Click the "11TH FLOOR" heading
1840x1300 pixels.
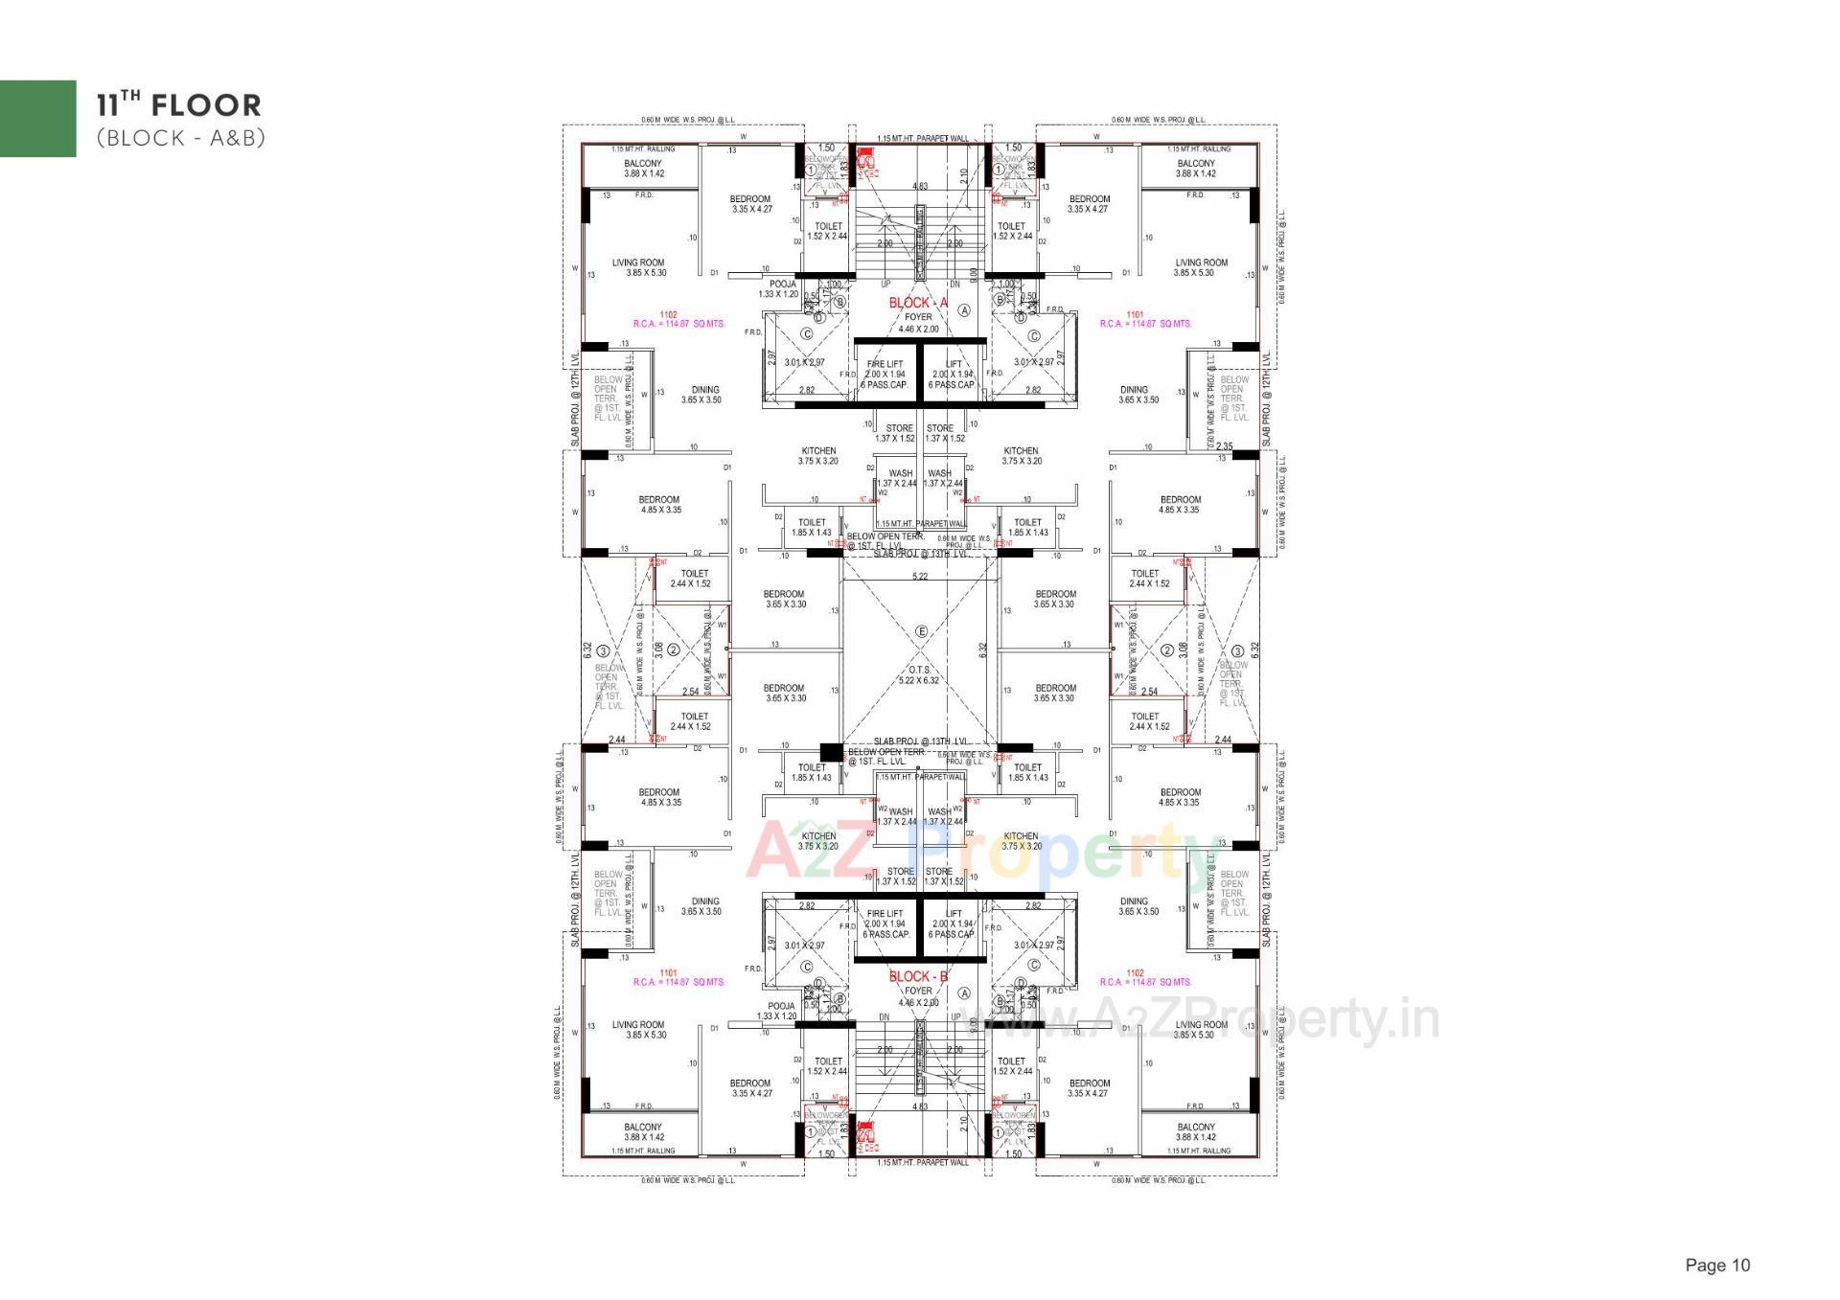[x=178, y=105]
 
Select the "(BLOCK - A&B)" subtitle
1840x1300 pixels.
[x=180, y=138]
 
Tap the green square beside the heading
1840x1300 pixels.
[x=38, y=118]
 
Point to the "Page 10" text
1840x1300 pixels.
[x=1717, y=1266]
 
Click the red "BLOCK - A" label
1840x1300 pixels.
[x=917, y=304]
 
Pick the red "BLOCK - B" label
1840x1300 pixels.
[x=918, y=977]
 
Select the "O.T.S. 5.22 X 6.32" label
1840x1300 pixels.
[x=918, y=675]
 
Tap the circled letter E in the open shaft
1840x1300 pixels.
[x=922, y=631]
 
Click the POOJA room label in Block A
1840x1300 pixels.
[x=782, y=285]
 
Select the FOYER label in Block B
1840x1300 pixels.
[x=918, y=992]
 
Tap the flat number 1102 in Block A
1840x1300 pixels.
[x=669, y=314]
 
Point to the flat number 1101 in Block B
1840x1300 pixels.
[x=669, y=973]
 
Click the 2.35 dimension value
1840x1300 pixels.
[x=1225, y=446]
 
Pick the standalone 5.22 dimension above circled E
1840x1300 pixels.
[x=920, y=577]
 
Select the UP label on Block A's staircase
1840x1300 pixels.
[x=885, y=285]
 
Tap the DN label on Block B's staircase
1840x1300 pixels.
[x=884, y=1017]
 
